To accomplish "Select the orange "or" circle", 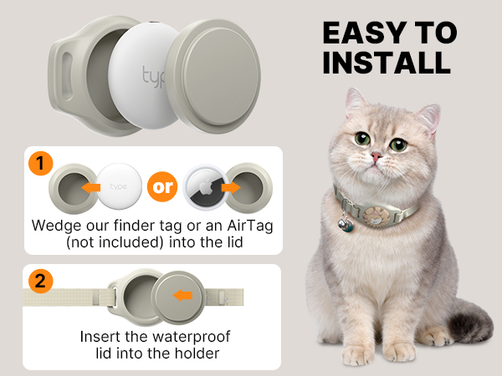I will pyautogui.click(x=164, y=185).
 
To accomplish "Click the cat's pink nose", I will pyautogui.click(x=377, y=156).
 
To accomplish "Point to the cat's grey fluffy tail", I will pyautogui.click(x=469, y=327).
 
